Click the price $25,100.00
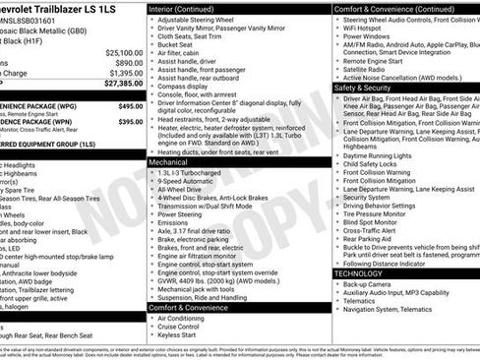[123, 53]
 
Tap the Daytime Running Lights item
[383, 155]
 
